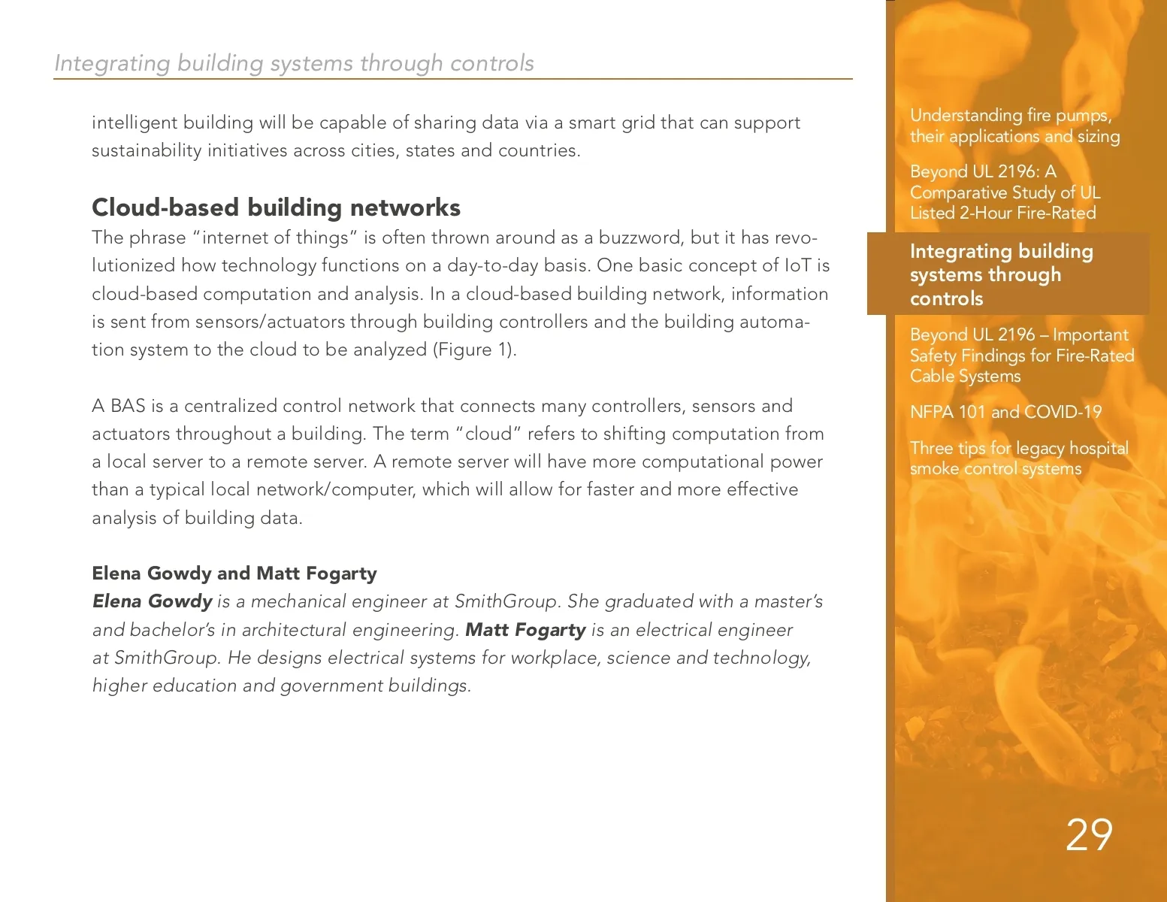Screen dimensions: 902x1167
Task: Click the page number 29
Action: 1089,834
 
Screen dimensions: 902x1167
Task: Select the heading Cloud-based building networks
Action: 276,207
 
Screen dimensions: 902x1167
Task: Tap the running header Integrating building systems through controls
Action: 294,63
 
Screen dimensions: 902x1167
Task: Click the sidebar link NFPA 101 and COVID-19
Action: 1005,412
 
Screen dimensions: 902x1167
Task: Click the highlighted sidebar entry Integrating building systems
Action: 1001,274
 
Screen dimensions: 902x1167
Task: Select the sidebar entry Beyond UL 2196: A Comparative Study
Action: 1005,192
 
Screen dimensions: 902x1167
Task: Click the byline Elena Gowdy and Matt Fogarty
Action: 234,574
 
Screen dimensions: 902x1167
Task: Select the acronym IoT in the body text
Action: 797,265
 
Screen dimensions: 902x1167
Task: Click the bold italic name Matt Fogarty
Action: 525,630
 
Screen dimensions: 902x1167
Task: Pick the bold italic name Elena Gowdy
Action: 152,601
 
